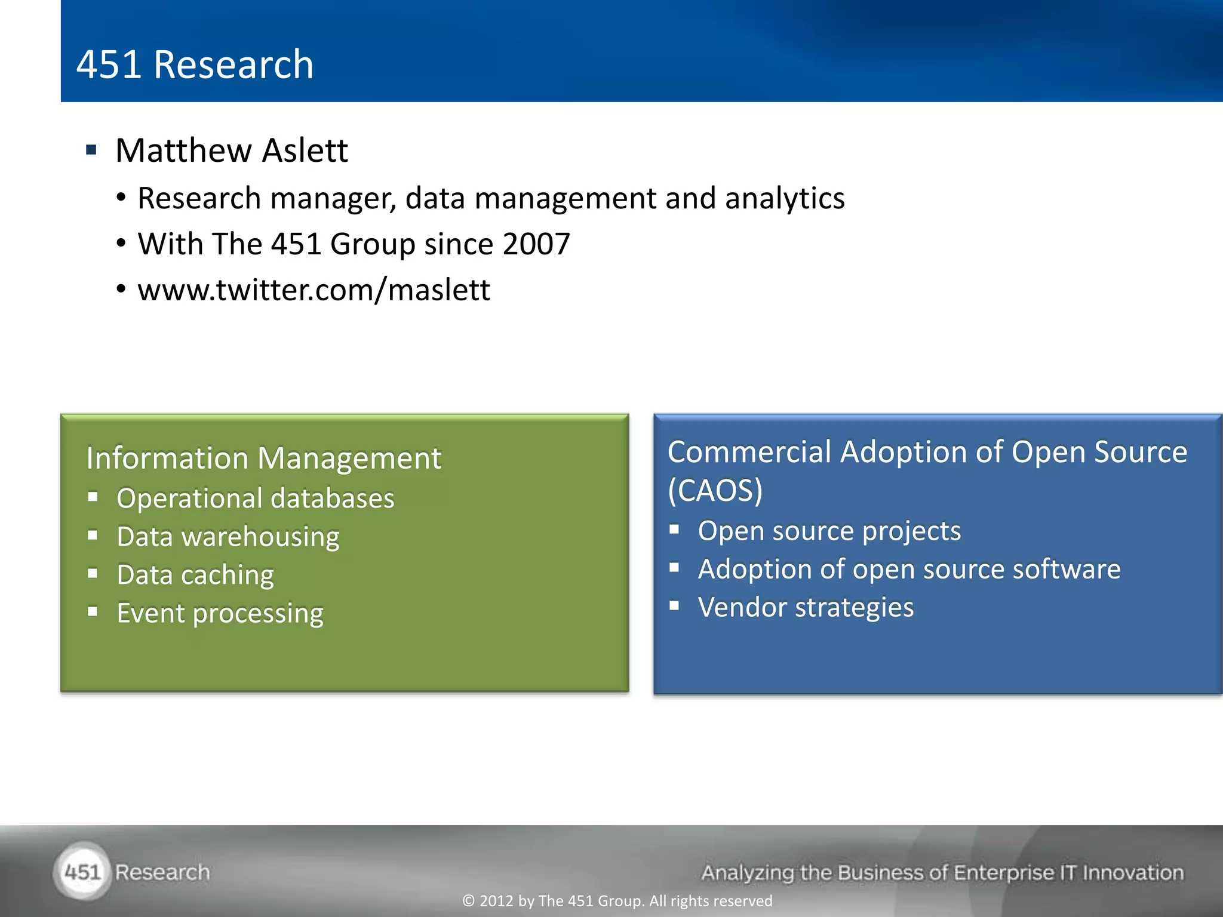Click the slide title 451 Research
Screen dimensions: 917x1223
click(195, 64)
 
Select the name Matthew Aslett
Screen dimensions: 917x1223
click(231, 150)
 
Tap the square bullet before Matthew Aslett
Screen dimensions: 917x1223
click(91, 149)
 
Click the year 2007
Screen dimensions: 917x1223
click(536, 244)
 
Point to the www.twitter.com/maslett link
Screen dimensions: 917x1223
click(314, 290)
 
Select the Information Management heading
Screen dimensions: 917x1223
click(263, 458)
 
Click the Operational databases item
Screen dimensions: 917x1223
click(255, 498)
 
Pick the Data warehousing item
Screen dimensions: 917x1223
click(228, 536)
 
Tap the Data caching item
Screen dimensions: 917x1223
click(195, 574)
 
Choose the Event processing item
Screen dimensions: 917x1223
click(220, 613)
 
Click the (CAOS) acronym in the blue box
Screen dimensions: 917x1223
click(715, 490)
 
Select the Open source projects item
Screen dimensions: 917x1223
click(829, 531)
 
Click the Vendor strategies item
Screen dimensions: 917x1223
click(806, 607)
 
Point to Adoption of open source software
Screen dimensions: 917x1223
click(909, 569)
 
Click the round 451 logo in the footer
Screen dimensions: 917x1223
click(82, 872)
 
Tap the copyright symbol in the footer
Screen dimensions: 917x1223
click(469, 901)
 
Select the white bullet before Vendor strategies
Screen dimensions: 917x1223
click(674, 605)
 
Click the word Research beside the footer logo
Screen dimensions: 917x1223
click(162, 872)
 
